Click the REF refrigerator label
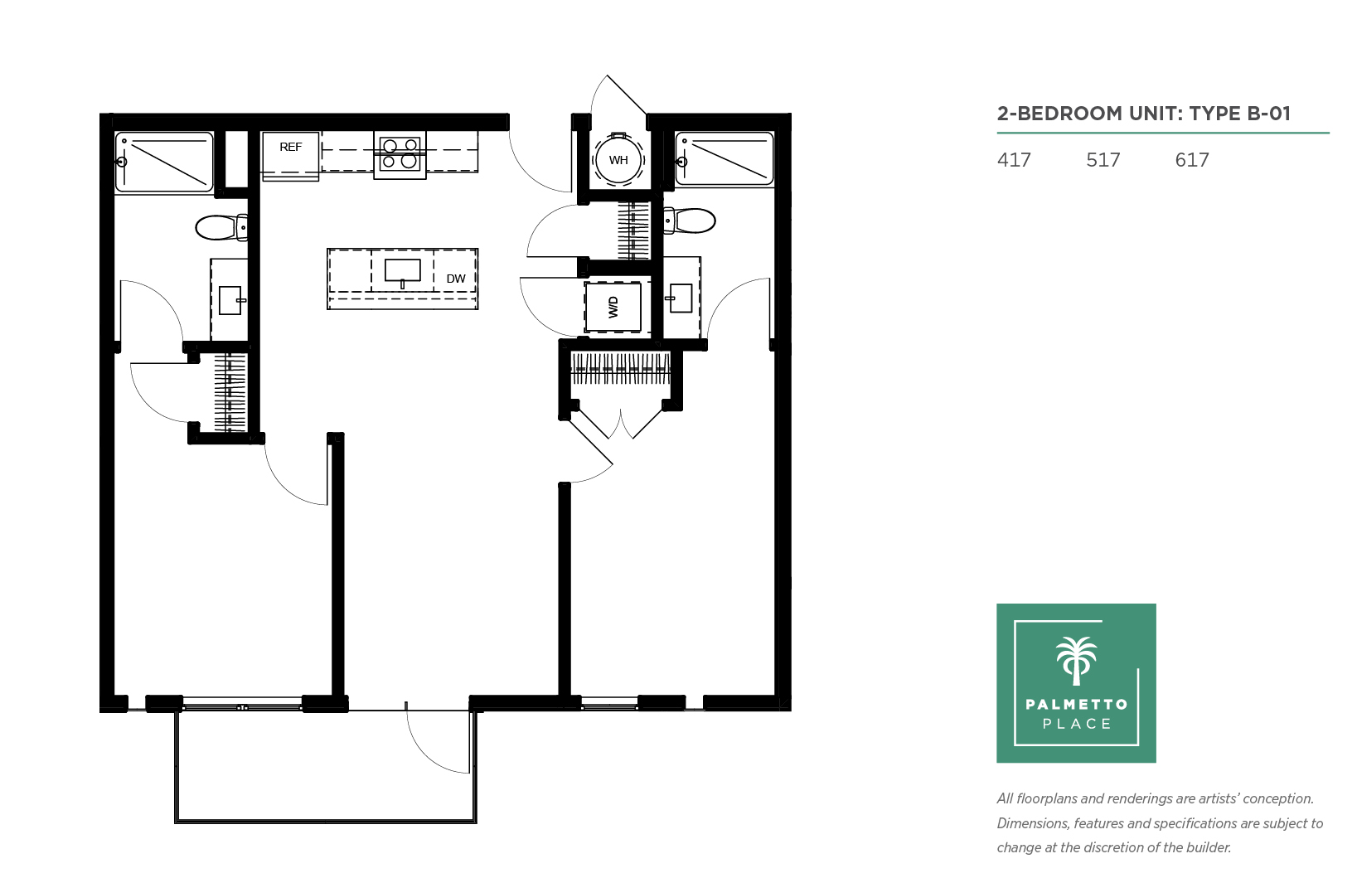click(290, 147)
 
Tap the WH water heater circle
click(618, 160)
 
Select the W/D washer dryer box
click(613, 307)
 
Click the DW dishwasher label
click(456, 279)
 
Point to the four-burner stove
click(400, 154)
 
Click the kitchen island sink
click(402, 271)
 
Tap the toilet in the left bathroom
click(221, 227)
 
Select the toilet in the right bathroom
click(690, 221)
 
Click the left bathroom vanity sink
click(230, 300)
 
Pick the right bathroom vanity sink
click(681, 298)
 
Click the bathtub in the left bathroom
click(164, 163)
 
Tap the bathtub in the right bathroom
click(725, 158)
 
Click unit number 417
click(1014, 160)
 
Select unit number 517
click(1103, 160)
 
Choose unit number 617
click(1192, 160)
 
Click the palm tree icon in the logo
click(1076, 661)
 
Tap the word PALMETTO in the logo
click(1077, 704)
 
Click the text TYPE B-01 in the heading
click(1240, 114)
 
